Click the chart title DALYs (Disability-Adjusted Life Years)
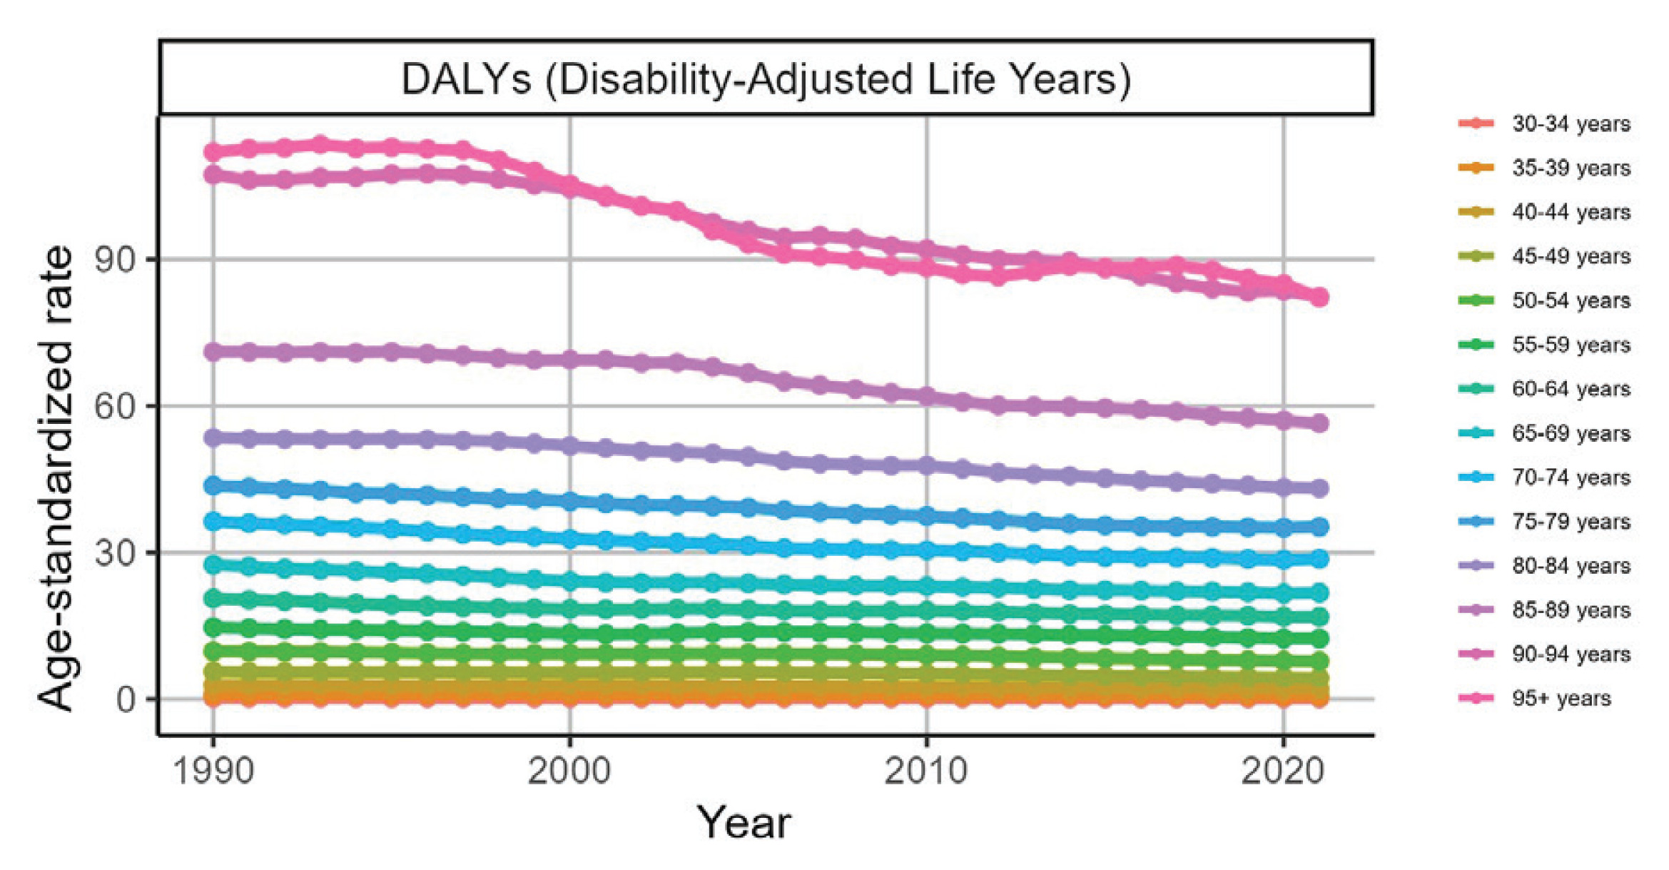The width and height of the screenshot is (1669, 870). (766, 79)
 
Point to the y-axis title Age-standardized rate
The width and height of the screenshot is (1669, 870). (56, 478)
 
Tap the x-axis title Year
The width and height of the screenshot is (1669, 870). (744, 823)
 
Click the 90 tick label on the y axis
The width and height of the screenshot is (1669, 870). (115, 260)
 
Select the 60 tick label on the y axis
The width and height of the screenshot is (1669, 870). (115, 407)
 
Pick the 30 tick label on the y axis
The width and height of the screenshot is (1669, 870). (115, 553)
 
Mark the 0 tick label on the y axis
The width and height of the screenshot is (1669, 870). (126, 700)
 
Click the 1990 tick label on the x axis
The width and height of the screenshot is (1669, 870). (213, 772)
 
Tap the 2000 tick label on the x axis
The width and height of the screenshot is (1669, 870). (569, 772)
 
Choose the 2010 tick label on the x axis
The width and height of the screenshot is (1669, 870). (926, 772)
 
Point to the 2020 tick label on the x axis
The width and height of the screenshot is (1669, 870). (1283, 772)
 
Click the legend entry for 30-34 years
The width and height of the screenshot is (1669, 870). (1571, 124)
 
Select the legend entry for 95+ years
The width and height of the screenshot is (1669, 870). (1561, 698)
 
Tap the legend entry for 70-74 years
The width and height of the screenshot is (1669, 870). (1571, 477)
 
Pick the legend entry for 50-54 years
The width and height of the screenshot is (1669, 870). (1571, 300)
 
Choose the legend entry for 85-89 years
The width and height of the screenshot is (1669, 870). (1571, 610)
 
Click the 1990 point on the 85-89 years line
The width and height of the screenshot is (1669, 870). (213, 352)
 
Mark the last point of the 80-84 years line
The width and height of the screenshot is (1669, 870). (1319, 489)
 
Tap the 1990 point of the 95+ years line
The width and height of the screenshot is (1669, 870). (213, 152)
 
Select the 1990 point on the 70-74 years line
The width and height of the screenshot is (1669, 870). (213, 522)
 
